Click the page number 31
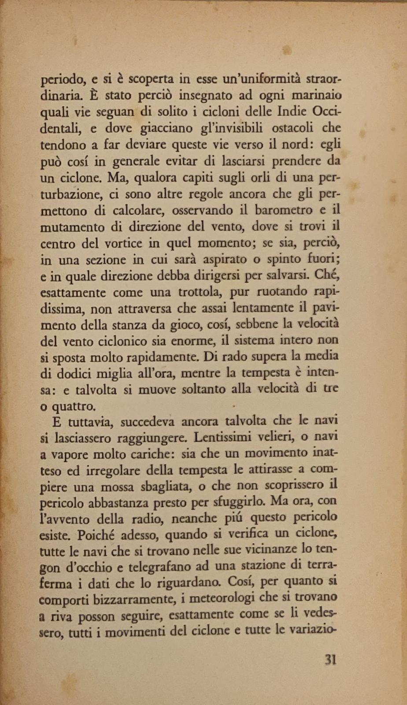pos(330,660)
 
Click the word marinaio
pos(317,96)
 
